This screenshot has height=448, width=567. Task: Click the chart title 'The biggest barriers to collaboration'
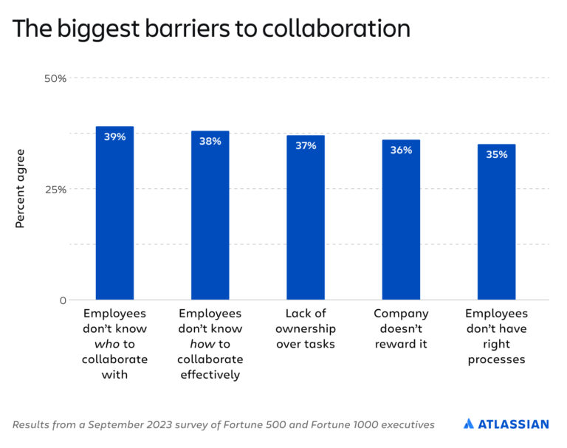pos(211,28)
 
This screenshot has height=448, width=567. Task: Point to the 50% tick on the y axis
pos(56,78)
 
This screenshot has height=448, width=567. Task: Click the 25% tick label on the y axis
pos(56,189)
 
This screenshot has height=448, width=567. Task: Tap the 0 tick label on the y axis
pos(63,300)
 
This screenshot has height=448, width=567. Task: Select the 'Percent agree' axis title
pos(20,189)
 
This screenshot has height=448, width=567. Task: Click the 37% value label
pos(306,145)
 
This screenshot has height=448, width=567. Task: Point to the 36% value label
pos(401,150)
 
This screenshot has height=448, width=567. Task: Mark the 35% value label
pos(496,154)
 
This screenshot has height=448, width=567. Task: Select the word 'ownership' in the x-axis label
pos(306,328)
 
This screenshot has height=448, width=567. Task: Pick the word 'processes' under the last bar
pos(496,359)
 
